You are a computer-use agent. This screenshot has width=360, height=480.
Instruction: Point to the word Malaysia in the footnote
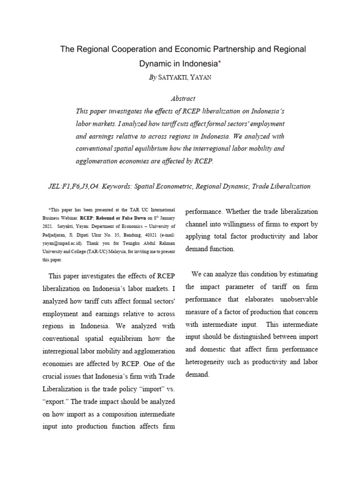pyautogui.click(x=122, y=251)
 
